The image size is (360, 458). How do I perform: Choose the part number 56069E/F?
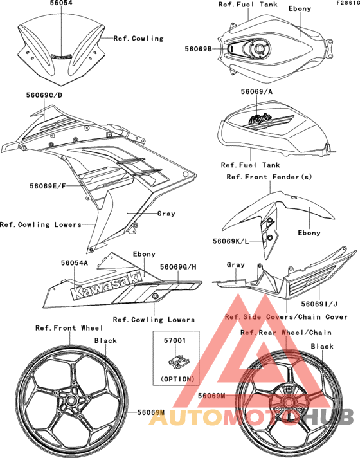[47, 186]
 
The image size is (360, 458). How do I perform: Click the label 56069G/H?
[178, 266]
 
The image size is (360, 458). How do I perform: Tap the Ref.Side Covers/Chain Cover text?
[286, 317]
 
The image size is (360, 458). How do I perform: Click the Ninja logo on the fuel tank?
[261, 120]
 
